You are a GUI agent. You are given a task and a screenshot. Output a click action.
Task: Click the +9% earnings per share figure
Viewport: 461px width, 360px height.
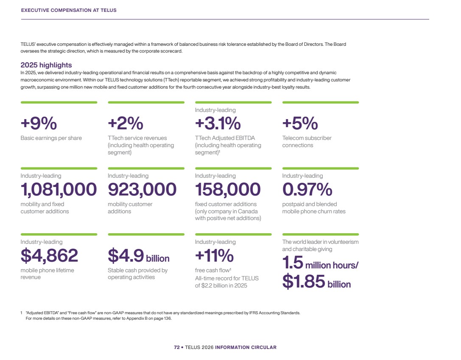pos(39,123)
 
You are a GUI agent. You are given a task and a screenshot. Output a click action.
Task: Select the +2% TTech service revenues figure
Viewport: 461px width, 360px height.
pos(126,123)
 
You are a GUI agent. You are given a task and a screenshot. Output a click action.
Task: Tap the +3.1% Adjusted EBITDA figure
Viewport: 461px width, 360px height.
pos(218,123)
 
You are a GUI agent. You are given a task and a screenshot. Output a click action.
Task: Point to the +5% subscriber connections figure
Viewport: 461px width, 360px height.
pos(300,123)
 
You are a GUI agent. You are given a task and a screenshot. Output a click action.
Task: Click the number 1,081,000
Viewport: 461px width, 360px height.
pos(59,190)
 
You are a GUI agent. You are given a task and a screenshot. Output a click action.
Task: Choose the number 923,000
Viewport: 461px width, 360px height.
pos(142,190)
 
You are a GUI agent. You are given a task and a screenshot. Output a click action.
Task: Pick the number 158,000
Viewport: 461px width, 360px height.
pos(228,190)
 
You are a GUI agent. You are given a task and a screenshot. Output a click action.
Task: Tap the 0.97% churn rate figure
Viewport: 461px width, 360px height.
pos(307,190)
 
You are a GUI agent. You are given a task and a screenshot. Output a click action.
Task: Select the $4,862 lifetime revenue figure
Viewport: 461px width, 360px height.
pos(49,256)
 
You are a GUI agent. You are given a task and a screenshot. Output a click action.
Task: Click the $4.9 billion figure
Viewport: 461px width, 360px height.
pos(139,256)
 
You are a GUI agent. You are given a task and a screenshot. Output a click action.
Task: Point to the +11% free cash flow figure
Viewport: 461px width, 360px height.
pos(214,256)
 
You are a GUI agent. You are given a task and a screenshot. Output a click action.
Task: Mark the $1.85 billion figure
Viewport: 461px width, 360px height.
pos(317,282)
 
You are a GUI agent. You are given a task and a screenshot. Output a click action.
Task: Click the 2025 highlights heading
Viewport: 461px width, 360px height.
pos(46,65)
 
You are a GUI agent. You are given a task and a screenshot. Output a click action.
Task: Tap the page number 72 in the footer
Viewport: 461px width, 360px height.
pos(177,347)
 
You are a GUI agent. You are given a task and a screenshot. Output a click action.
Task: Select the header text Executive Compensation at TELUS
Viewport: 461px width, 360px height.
pos(69,10)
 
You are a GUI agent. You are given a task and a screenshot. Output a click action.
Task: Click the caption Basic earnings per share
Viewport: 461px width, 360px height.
pos(51,138)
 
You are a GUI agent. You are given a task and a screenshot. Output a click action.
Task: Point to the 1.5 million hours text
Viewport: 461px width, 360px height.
pos(321,263)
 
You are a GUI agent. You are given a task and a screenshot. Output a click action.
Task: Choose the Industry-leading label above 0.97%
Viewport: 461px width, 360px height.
pos(302,176)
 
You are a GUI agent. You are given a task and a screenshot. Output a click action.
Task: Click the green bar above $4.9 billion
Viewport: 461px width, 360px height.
pos(146,234)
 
